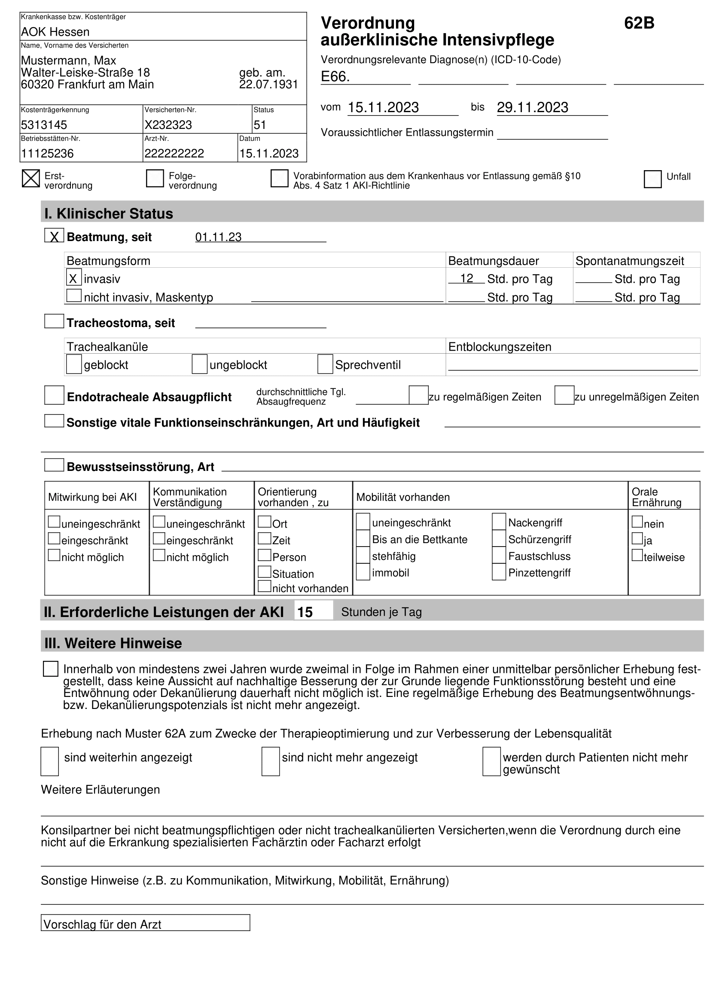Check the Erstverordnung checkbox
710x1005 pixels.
[x=30, y=179]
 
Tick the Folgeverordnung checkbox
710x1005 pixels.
[x=155, y=179]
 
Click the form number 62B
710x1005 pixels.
[x=639, y=23]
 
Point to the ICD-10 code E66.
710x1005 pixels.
[x=335, y=76]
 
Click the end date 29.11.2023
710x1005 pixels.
[x=532, y=107]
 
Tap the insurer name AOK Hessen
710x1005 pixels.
[x=55, y=32]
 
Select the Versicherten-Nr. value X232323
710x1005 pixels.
[x=168, y=125]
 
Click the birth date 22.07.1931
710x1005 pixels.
[x=268, y=85]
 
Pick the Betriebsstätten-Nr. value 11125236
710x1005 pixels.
[x=47, y=154]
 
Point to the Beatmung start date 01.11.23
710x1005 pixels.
[x=218, y=237]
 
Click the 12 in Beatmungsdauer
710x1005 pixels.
[x=466, y=278]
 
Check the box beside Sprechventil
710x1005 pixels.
[x=325, y=364]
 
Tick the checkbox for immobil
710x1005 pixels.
[x=363, y=572]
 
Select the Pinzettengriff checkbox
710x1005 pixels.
[x=499, y=572]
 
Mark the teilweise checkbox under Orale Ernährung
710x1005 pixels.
[x=637, y=556]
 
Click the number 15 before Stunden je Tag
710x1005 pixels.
[x=305, y=612]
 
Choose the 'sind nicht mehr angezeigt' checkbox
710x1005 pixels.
[x=270, y=762]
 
